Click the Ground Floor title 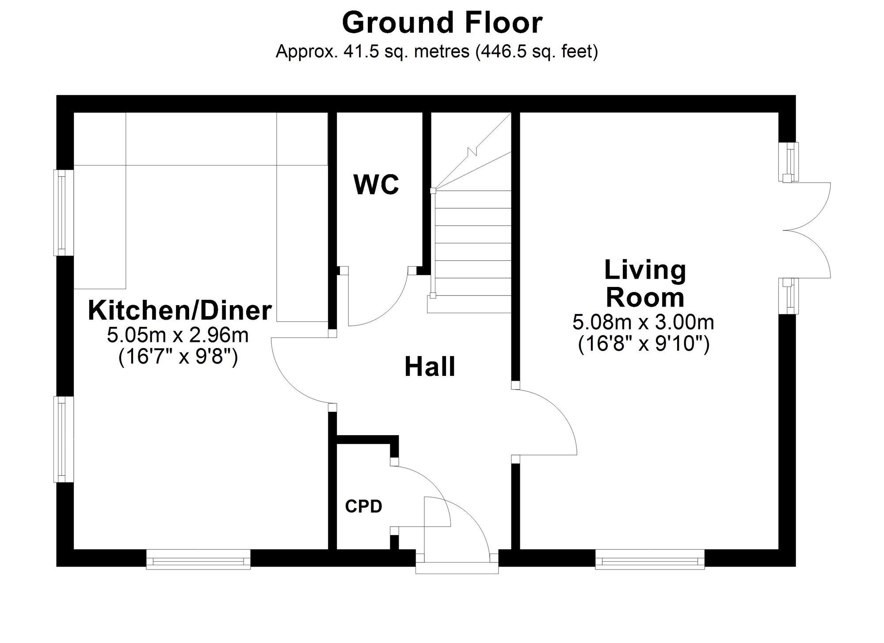442,23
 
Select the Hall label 430,367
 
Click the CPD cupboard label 363,506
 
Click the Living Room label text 645,283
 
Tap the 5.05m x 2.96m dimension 178,335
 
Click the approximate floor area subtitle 437,52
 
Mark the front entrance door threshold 457,568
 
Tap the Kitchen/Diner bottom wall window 198,559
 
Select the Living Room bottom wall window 650,559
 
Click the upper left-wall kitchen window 64,213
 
